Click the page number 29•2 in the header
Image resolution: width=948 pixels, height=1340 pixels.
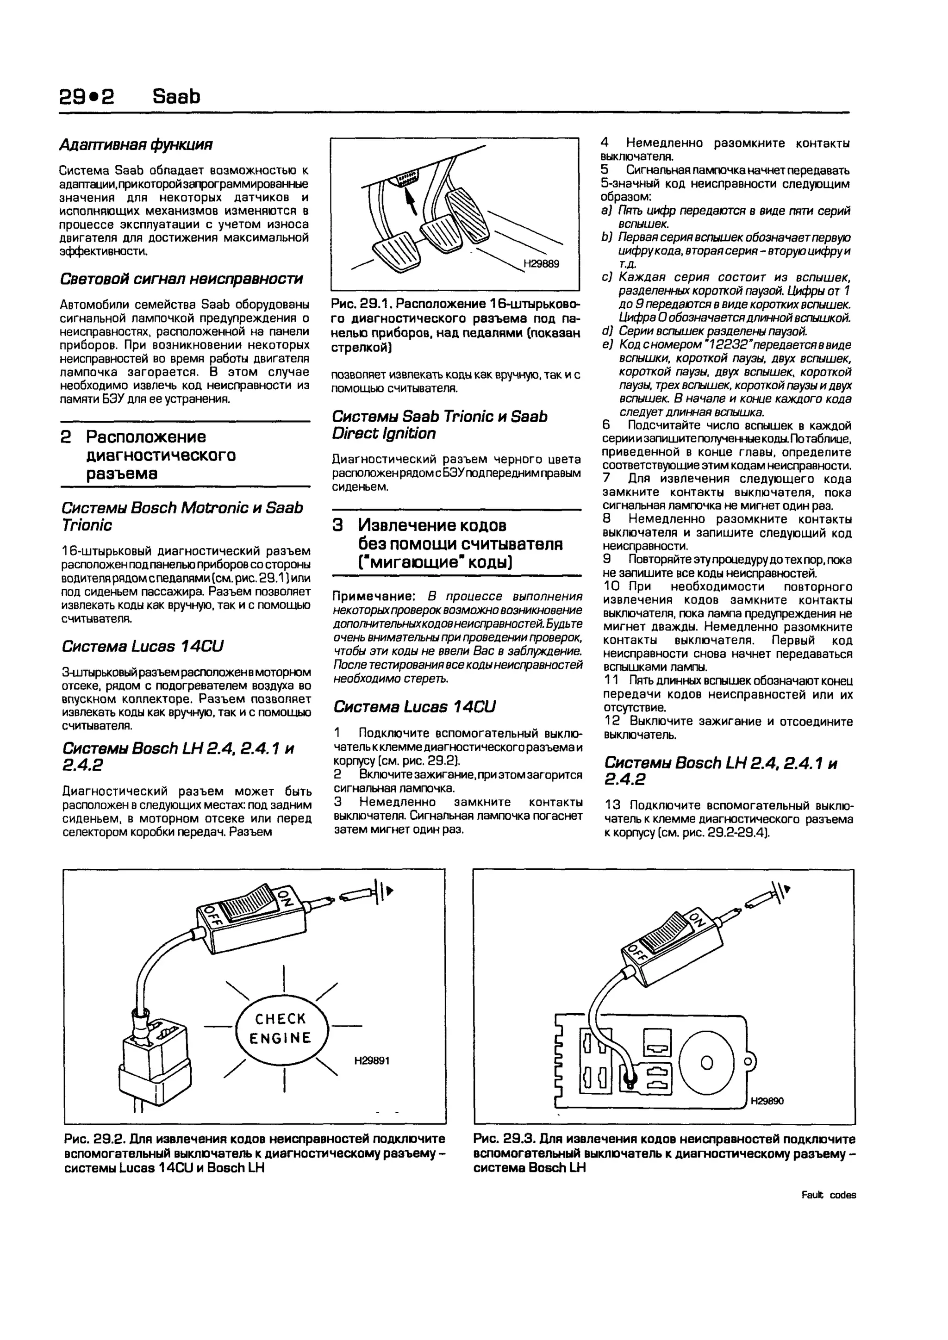(x=87, y=96)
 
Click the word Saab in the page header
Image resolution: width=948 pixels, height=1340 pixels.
(x=176, y=96)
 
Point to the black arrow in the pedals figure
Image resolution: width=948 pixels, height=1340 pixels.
(x=411, y=202)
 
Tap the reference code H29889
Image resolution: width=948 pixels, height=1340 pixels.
(x=541, y=264)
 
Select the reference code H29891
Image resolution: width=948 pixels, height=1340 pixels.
(x=371, y=1060)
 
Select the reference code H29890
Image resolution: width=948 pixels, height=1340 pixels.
(x=767, y=1101)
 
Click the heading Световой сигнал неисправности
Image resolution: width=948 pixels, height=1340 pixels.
(x=181, y=279)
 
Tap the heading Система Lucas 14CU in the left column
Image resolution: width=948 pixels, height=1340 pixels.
(x=143, y=646)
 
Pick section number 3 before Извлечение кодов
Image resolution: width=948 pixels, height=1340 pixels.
(x=338, y=525)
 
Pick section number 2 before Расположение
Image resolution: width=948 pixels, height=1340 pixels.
(x=66, y=437)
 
